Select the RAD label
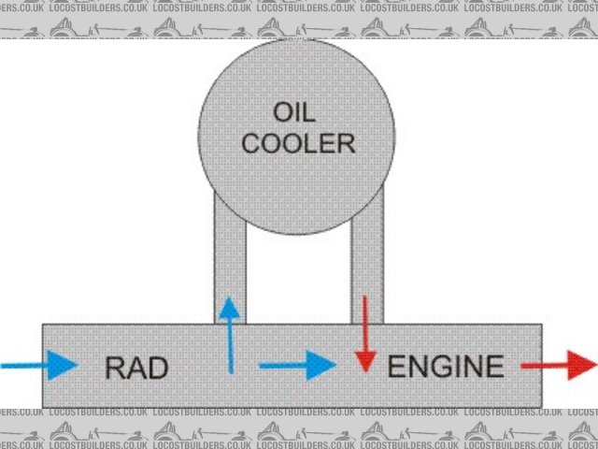click(136, 368)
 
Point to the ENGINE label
click(446, 366)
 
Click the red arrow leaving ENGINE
click(558, 365)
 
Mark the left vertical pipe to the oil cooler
click(230, 253)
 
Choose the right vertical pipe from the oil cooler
click(366, 253)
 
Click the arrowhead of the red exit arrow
click(580, 365)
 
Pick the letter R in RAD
click(115, 368)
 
